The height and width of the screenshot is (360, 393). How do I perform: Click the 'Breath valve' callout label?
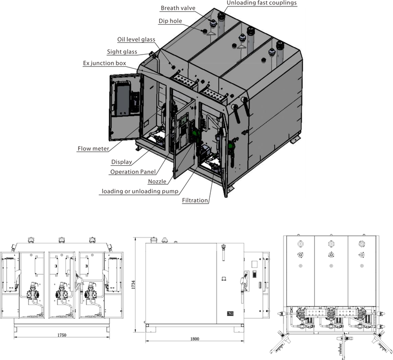[178, 8]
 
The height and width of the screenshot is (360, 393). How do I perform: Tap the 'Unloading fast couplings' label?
[262, 3]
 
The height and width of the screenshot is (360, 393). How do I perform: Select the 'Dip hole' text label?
[170, 21]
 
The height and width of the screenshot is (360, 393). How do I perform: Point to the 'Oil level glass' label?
[136, 39]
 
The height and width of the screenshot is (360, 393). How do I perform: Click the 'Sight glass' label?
[122, 52]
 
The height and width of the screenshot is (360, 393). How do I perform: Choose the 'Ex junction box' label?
[105, 63]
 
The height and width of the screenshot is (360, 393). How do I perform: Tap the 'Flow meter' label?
[93, 149]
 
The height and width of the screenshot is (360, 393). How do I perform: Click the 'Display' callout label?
[121, 162]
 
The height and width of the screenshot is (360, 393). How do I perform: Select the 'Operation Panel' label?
[133, 172]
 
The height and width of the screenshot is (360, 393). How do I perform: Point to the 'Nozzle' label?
[157, 181]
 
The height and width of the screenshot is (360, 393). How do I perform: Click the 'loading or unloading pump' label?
[140, 191]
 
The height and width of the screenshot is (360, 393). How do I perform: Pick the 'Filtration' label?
[195, 200]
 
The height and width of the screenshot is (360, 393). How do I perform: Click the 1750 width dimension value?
[62, 335]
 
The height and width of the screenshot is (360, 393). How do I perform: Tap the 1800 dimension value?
[195, 339]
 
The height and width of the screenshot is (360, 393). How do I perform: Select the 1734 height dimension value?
[133, 284]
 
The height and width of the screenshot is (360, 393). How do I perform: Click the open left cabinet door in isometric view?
[125, 107]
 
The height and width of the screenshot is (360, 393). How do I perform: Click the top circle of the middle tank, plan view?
[331, 243]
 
